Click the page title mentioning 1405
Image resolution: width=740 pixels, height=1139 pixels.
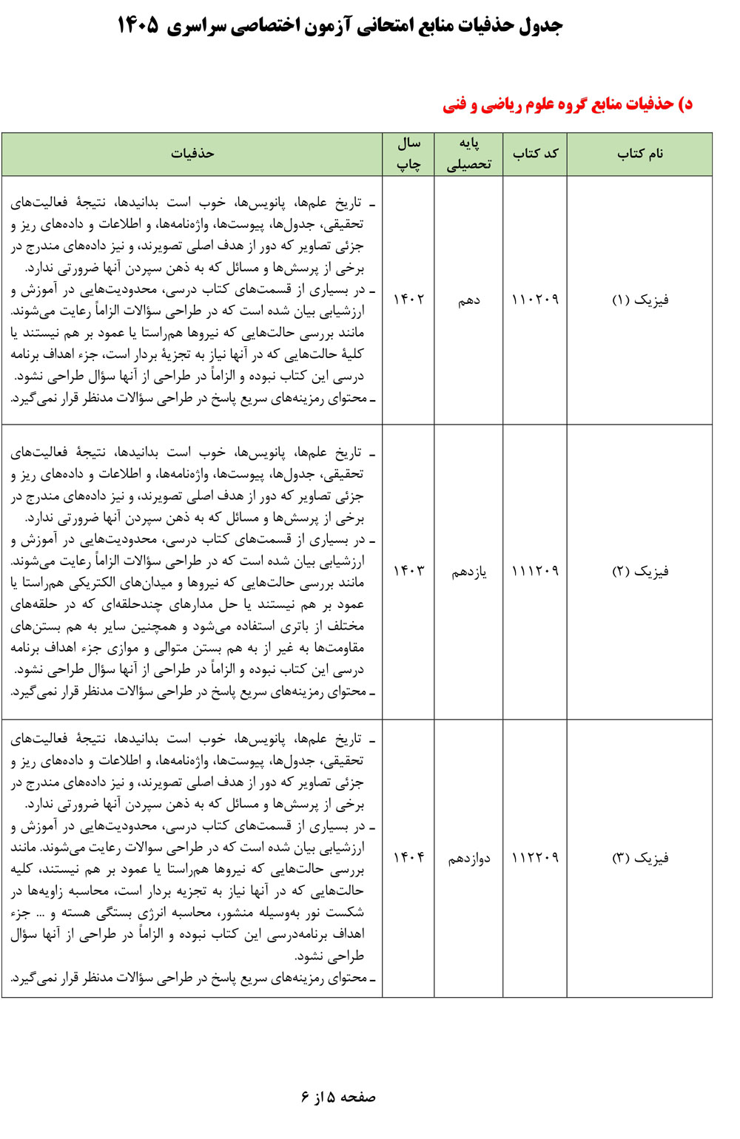[340, 26]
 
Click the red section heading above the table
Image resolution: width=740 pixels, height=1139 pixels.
[568, 104]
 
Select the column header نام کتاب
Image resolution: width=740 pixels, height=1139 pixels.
[640, 154]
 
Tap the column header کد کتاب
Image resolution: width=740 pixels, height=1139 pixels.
[535, 154]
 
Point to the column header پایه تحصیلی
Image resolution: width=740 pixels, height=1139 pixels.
[468, 154]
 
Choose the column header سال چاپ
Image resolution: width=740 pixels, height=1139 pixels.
[408, 154]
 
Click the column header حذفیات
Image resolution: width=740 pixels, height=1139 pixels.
[192, 154]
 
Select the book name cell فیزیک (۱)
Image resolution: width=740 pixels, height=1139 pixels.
[640, 300]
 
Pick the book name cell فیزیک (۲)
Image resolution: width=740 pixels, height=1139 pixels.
[640, 571]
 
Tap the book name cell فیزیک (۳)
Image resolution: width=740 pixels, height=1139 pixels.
[640, 857]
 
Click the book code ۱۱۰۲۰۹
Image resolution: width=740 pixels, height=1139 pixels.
[535, 300]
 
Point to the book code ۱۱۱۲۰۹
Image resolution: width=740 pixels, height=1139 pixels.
[535, 571]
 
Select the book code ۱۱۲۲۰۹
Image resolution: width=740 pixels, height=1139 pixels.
[535, 858]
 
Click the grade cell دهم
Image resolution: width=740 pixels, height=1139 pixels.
[468, 300]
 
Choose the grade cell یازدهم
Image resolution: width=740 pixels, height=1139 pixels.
[469, 572]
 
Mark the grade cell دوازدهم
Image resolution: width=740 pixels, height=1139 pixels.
[469, 859]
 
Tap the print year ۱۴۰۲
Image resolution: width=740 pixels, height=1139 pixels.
[408, 300]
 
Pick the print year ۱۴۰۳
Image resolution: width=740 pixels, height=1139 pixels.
[408, 571]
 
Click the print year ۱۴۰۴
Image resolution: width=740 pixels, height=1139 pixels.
[408, 858]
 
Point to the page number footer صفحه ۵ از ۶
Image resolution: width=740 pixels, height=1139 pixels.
[338, 1097]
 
